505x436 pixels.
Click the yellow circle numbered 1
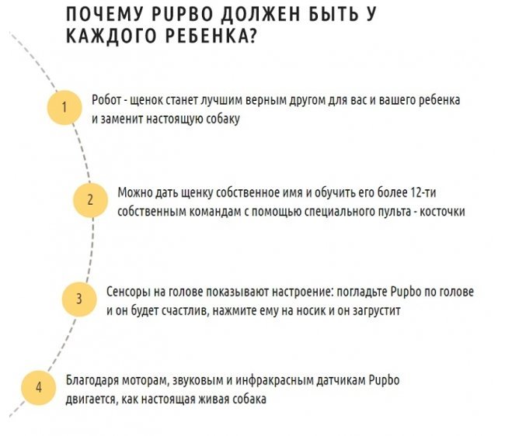coord(64,107)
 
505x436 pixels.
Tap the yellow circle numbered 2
coord(90,200)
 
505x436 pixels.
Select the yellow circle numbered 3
coord(79,299)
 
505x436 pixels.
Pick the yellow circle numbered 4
coord(39,387)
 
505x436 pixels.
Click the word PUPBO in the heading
coord(182,14)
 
